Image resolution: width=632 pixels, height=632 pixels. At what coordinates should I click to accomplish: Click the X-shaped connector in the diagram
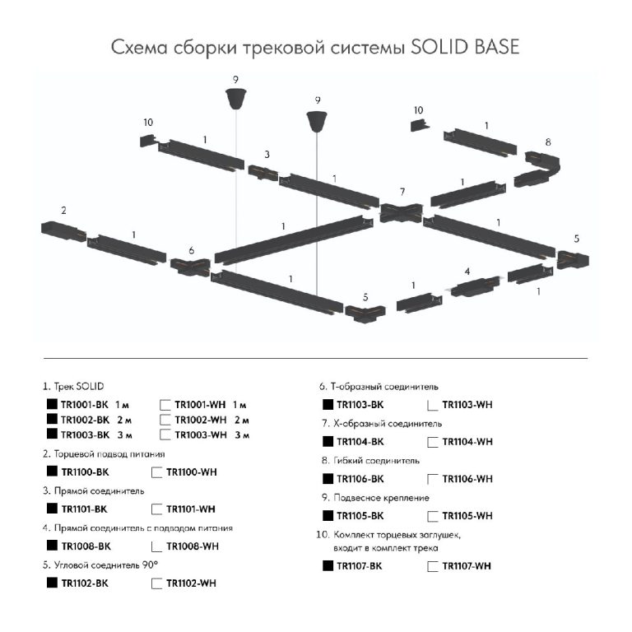click(402, 212)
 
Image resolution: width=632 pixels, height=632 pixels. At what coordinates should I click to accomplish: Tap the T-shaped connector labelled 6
click(191, 267)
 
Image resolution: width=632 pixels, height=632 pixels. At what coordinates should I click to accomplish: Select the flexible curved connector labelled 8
click(537, 169)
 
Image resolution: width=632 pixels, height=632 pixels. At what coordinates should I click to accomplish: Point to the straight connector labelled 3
click(263, 173)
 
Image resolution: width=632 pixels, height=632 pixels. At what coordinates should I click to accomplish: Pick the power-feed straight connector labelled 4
click(473, 287)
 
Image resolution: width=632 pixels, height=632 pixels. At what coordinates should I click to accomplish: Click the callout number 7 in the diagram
click(402, 192)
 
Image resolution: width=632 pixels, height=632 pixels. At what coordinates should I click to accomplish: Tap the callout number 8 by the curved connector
click(548, 142)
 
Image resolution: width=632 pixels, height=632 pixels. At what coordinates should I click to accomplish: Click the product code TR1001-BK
click(85, 405)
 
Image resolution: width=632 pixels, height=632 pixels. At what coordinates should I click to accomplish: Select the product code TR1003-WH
click(201, 434)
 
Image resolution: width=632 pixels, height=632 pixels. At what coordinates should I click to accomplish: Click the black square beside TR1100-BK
click(52, 471)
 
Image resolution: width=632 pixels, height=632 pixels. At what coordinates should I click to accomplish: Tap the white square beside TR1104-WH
click(433, 442)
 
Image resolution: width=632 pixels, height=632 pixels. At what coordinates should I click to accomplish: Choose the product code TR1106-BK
click(360, 479)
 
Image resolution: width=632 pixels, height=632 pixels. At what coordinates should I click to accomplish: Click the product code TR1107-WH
click(467, 566)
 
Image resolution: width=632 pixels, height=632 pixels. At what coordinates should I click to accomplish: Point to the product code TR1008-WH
click(193, 546)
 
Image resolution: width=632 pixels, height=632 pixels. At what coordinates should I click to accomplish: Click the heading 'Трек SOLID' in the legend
click(79, 386)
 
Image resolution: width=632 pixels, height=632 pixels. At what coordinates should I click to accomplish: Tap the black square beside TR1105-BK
click(328, 515)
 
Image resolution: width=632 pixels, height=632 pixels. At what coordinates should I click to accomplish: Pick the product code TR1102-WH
click(192, 583)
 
